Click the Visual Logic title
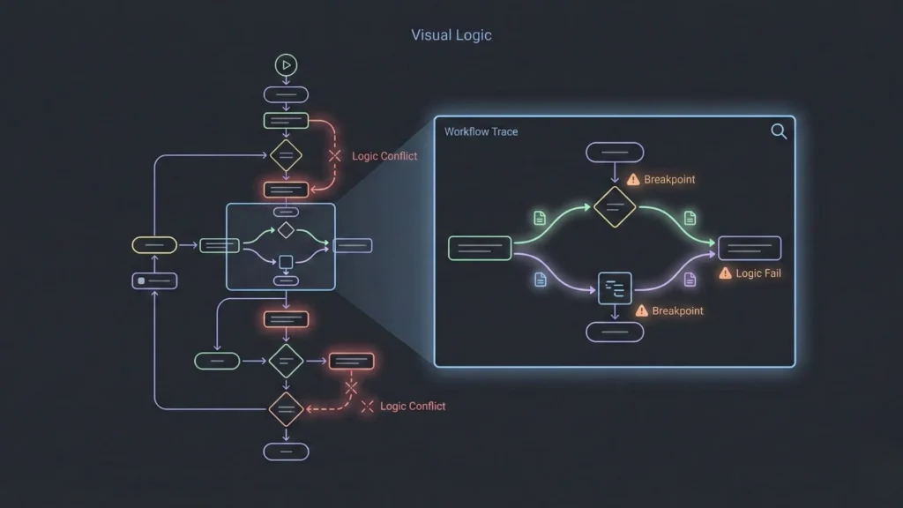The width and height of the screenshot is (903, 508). coord(451,35)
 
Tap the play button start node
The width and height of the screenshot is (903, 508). coord(286,64)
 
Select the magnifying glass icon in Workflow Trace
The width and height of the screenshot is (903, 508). coord(779,131)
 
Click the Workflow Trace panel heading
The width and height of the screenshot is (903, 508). coord(481,131)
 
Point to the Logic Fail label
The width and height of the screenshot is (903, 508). coord(758,273)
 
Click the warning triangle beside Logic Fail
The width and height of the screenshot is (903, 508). coord(726,273)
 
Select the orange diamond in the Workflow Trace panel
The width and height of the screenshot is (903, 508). coord(615,207)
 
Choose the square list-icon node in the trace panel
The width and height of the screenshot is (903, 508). coord(615,288)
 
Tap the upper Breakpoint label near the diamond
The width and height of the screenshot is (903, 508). coord(668,179)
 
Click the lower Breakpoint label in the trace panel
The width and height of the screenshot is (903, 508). coord(677,310)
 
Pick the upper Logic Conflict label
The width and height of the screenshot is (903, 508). coord(384,156)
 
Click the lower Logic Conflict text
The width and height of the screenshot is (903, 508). coord(413,407)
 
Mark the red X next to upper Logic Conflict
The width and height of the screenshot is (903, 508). coord(334,156)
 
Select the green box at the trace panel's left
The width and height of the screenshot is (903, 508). coord(480,248)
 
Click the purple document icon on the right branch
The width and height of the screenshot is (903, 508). coord(690,279)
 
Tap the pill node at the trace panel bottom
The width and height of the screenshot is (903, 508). coord(615,332)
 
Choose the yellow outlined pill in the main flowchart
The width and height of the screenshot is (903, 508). coord(154,245)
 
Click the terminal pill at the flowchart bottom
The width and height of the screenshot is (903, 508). coord(286,452)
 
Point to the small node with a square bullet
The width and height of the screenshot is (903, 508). coord(154,280)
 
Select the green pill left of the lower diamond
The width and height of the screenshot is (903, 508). coord(217,361)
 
